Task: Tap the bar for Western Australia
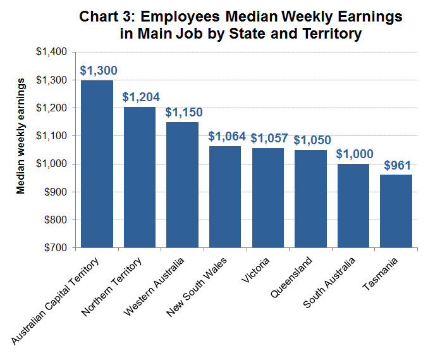182,184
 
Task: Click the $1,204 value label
140,97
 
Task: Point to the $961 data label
396,166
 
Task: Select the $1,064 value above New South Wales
225,137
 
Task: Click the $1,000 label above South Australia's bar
353,154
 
